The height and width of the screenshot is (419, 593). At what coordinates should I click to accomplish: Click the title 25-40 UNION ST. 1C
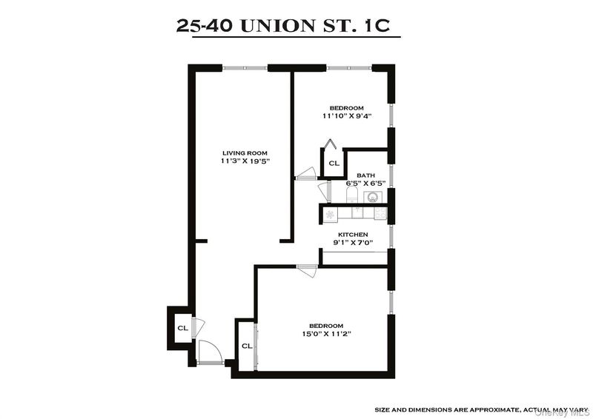pyautogui.click(x=283, y=26)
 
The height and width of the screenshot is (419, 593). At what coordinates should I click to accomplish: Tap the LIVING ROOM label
pyautogui.click(x=245, y=153)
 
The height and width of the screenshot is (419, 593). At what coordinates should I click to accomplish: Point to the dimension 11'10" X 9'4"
pyautogui.click(x=346, y=116)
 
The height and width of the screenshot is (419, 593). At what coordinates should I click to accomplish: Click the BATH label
pyautogui.click(x=366, y=175)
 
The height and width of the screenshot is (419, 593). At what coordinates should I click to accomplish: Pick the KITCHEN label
pyautogui.click(x=353, y=235)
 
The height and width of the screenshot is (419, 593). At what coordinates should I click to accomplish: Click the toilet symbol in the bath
pyautogui.click(x=351, y=195)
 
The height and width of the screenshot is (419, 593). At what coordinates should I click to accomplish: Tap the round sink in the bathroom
pyautogui.click(x=373, y=197)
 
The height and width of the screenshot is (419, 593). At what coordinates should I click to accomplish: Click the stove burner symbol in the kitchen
pyautogui.click(x=330, y=214)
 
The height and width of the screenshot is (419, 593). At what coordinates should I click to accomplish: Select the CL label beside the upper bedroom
pyautogui.click(x=334, y=163)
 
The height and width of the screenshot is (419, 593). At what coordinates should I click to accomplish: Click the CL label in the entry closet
pyautogui.click(x=182, y=328)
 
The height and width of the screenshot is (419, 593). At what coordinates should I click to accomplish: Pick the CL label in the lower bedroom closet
pyautogui.click(x=247, y=346)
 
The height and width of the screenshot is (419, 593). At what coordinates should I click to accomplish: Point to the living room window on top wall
pyautogui.click(x=245, y=68)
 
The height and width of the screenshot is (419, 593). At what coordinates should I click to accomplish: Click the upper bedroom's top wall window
pyautogui.click(x=349, y=68)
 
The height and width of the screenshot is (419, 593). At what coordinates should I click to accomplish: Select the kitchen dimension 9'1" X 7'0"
pyautogui.click(x=353, y=243)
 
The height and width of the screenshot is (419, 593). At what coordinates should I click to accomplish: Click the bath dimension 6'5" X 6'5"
pyautogui.click(x=365, y=184)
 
